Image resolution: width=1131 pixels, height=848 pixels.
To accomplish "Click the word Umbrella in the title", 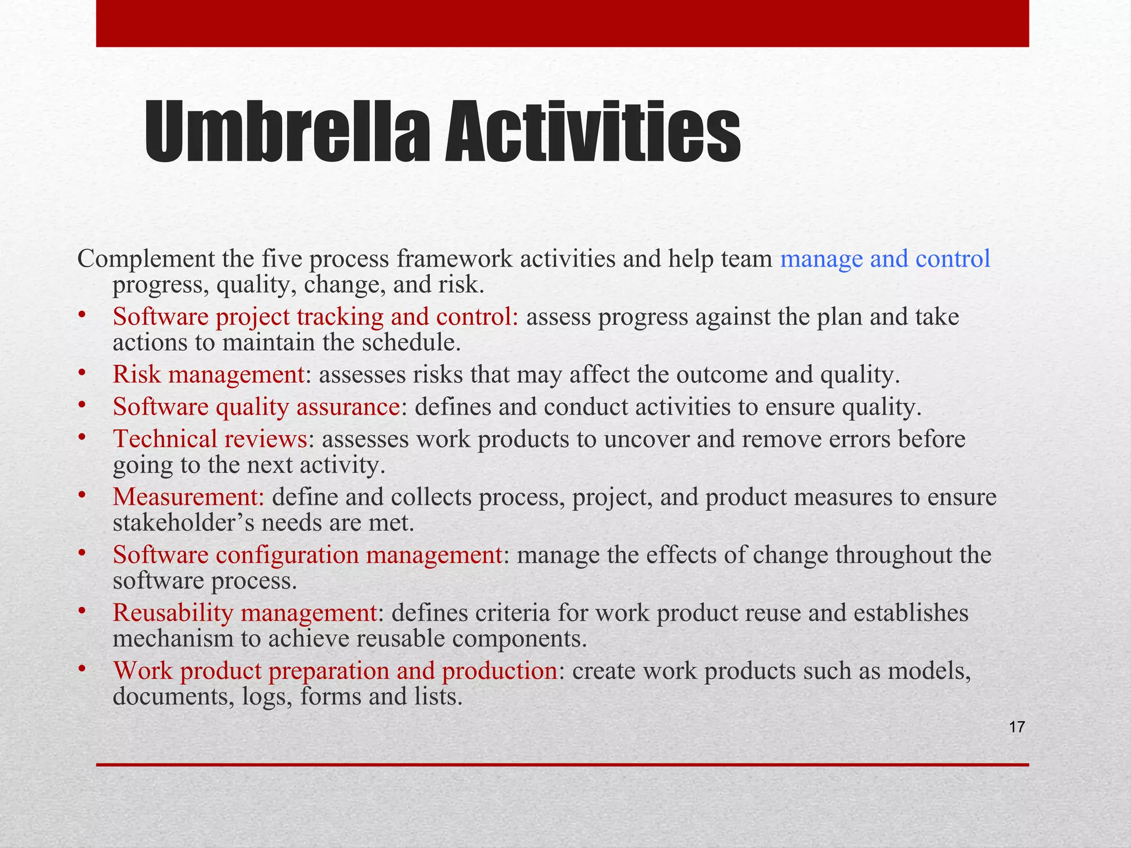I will (287, 132).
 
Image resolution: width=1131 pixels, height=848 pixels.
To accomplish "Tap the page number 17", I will (1017, 727).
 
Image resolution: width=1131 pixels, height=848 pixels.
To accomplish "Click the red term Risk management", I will (208, 374).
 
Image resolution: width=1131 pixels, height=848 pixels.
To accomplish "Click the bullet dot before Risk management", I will (81, 373).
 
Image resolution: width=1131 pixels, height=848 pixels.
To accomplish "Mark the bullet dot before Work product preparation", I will (81, 669).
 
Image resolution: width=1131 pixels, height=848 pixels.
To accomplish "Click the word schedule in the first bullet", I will (410, 343).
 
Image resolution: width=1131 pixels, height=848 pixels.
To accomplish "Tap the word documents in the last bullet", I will (173, 697).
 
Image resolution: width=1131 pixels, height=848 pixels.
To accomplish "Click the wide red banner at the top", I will (562, 23).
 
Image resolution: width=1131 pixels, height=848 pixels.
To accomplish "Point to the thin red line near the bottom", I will (562, 765).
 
